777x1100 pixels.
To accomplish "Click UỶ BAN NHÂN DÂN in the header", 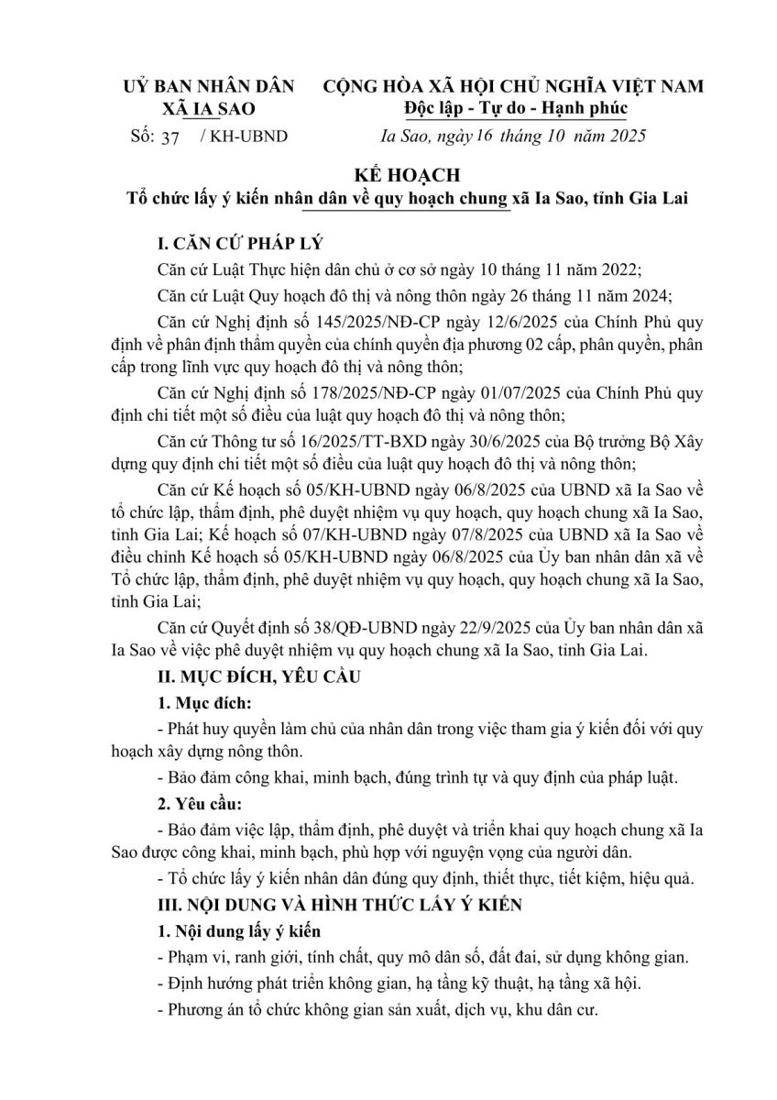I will pyautogui.click(x=209, y=86).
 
